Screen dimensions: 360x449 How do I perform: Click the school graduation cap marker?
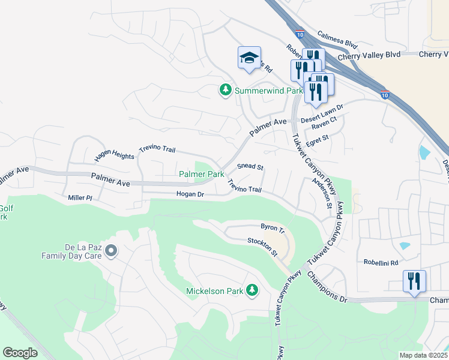[249, 58]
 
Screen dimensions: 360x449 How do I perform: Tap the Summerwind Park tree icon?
[225, 91]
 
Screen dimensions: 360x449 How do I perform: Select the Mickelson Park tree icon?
[252, 291]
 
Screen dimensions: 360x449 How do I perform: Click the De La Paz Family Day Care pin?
[110, 250]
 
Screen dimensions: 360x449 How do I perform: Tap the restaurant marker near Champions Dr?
[414, 281]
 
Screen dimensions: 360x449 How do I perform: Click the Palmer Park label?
[202, 174]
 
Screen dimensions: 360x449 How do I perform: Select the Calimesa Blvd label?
[337, 40]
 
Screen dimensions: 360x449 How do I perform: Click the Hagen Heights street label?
[114, 156]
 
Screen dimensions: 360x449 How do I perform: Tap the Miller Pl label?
[80, 197]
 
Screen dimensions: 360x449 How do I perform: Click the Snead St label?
[250, 166]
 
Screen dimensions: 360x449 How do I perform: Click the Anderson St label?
[321, 193]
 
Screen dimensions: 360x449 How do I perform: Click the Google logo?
[20, 352]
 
